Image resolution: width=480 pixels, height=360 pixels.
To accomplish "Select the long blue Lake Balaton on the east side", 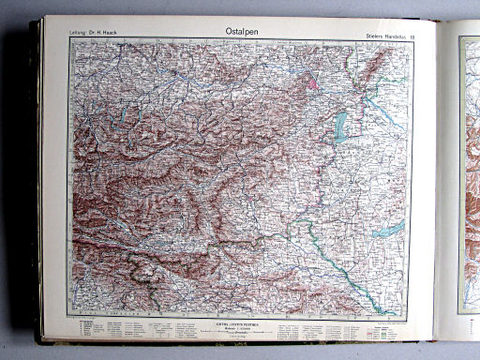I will (x=389, y=228).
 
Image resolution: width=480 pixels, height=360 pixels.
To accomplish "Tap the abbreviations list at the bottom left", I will (x=103, y=329).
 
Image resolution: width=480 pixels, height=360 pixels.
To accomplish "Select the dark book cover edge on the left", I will (x=37, y=187).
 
